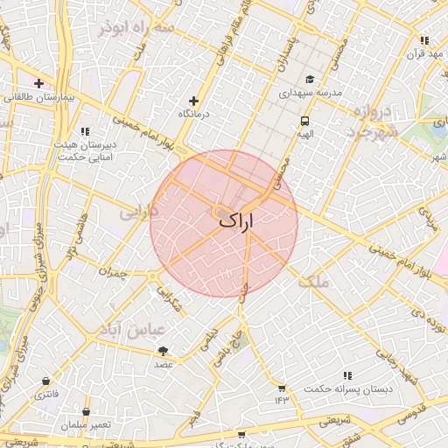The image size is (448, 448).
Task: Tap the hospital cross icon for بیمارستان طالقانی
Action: click(x=38, y=84)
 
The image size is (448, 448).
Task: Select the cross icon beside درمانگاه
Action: click(x=195, y=101)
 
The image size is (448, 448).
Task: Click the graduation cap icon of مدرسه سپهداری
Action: click(x=310, y=80)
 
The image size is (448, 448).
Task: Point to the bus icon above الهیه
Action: click(x=304, y=122)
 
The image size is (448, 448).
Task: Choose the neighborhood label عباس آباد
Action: click(x=134, y=331)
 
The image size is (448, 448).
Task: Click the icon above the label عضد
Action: click(x=164, y=350)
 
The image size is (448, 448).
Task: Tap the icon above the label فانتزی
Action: click(x=45, y=381)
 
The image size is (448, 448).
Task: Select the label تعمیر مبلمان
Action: click(x=86, y=424)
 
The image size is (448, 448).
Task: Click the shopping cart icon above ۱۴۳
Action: click(x=282, y=388)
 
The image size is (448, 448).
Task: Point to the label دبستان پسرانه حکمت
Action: click(x=348, y=388)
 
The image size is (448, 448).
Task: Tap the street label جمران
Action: click(x=114, y=272)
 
